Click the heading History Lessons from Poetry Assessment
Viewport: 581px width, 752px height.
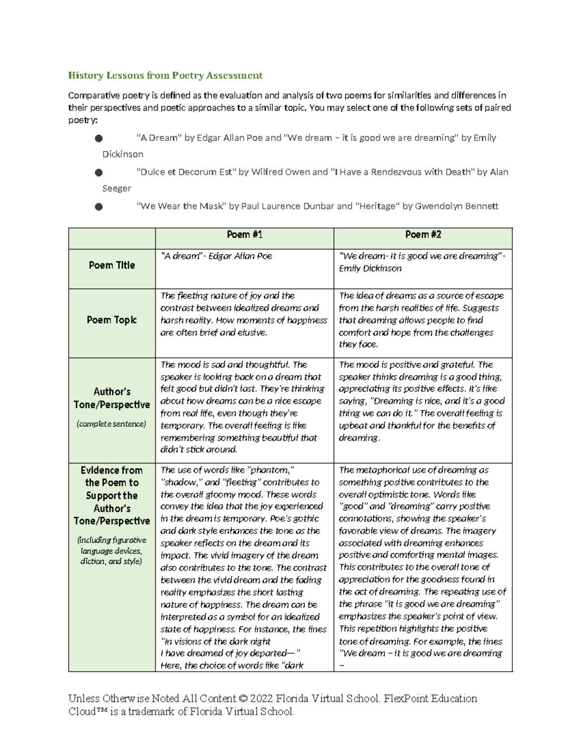click(165, 76)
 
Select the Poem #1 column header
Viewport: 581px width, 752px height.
click(245, 235)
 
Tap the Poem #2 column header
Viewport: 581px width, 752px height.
click(423, 235)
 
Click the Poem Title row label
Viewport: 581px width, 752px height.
click(111, 265)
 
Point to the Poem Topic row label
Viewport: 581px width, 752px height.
click(111, 320)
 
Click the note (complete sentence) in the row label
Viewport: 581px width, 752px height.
click(111, 424)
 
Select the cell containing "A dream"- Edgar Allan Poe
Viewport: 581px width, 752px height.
click(216, 256)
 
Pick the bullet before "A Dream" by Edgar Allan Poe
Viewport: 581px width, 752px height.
click(99, 138)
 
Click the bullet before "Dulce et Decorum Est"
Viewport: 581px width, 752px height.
click(99, 172)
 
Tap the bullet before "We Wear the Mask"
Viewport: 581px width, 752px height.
click(99, 207)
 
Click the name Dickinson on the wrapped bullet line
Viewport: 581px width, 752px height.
click(122, 154)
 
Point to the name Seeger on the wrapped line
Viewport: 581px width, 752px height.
click(116, 188)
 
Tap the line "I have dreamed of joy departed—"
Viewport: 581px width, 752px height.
click(230, 653)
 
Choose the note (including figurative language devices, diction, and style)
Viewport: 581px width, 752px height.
click(111, 551)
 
